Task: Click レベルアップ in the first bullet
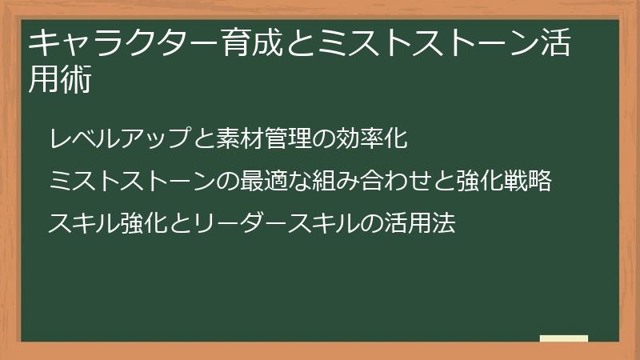pyautogui.click(x=120, y=138)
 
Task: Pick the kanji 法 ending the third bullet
pyautogui.click(x=444, y=223)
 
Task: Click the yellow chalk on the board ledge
pyautogui.click(x=564, y=338)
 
